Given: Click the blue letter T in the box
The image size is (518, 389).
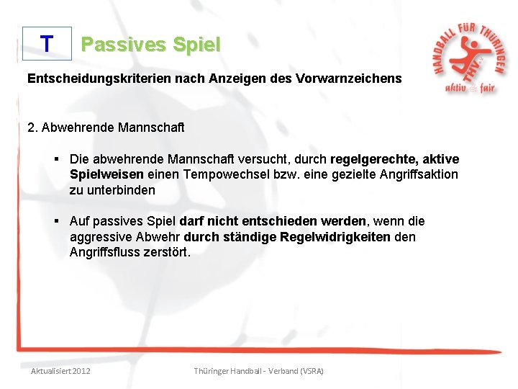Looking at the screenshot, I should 47,44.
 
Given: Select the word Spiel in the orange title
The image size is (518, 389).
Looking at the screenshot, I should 195,45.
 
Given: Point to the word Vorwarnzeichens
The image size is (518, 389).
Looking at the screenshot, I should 348,77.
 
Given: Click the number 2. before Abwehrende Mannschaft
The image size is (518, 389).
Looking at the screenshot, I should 32,128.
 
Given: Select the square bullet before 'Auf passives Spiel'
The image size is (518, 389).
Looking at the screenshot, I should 55,221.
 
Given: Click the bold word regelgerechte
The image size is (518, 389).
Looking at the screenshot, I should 371,159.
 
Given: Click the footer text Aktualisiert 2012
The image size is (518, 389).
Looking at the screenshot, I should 61,370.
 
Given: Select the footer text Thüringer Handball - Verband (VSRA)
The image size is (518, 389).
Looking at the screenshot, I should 259,370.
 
